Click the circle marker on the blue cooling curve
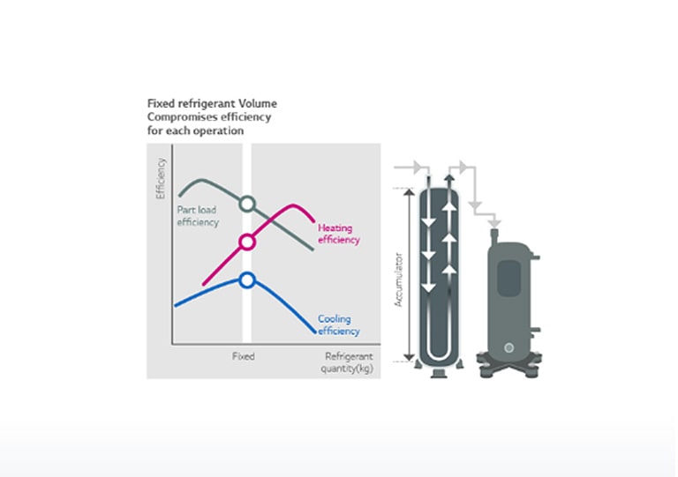[247, 280]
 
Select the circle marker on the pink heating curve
[247, 242]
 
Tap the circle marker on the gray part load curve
[247, 204]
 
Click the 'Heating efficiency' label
[338, 234]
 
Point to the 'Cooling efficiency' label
[338, 325]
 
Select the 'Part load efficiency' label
[197, 216]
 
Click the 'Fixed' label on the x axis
[243, 356]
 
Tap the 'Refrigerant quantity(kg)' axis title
[350, 361]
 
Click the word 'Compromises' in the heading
[180, 116]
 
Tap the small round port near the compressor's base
[509, 347]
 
